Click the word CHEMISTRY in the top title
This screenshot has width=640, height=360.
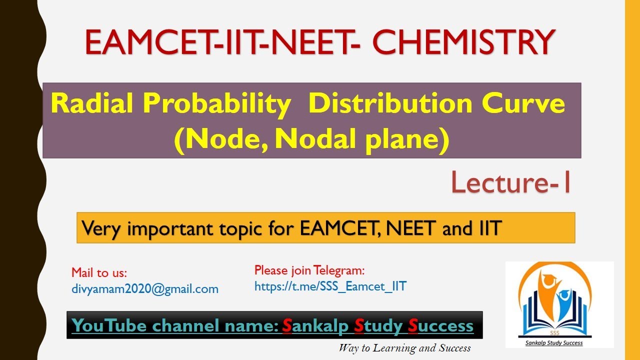click(x=463, y=42)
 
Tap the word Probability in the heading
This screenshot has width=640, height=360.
click(x=216, y=104)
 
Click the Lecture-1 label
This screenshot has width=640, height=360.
click(x=511, y=182)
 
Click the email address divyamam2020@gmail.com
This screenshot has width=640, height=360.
click(x=145, y=288)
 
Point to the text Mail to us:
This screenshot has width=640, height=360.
click(x=99, y=272)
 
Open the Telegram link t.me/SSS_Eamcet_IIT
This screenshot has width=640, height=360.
click(x=330, y=286)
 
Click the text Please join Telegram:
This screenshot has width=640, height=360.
click(x=309, y=270)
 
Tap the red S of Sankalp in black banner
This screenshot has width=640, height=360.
click(x=287, y=326)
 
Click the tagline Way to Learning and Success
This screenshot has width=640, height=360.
click(x=404, y=348)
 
